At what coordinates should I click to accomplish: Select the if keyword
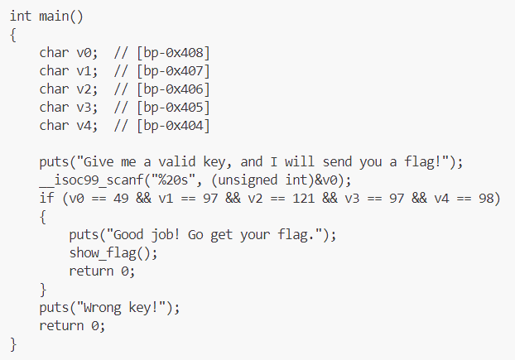point(46,199)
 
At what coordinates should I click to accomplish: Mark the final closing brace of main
point(13,343)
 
